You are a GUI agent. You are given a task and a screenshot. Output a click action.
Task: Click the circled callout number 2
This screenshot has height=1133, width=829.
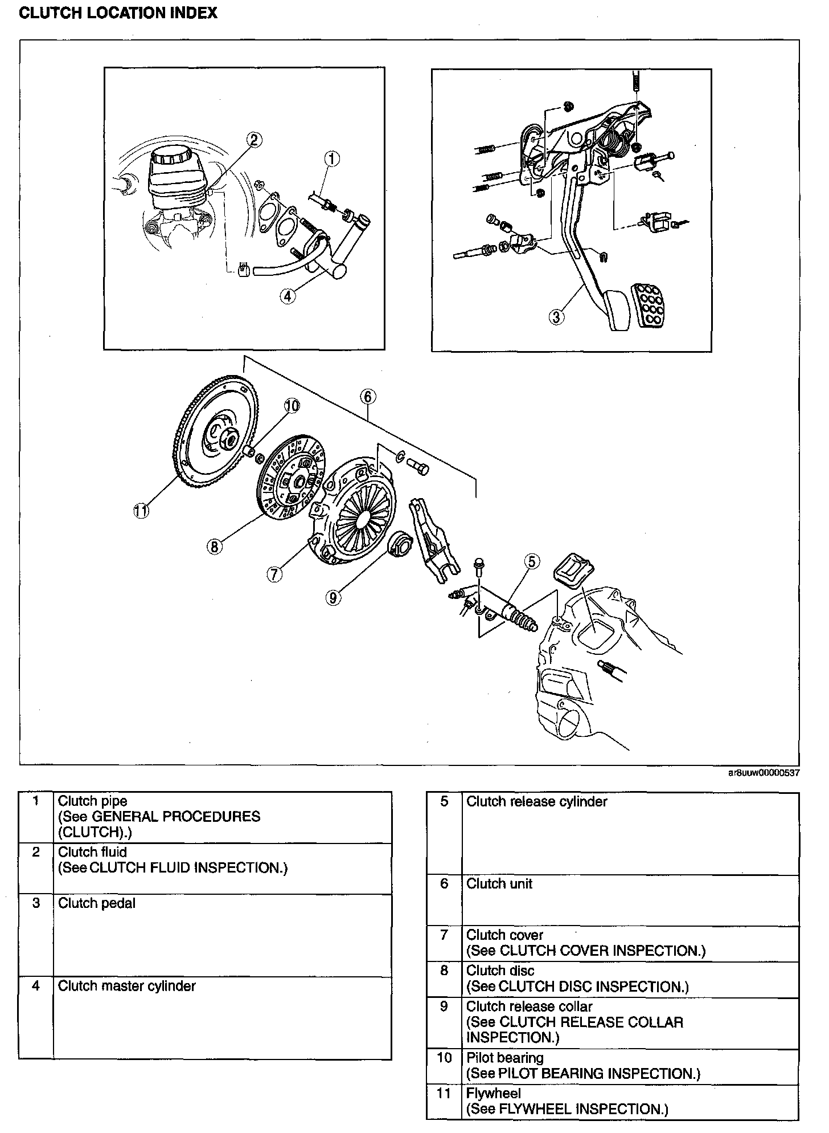[255, 140]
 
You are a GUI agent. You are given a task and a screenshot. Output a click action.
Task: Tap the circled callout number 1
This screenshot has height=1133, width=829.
[332, 159]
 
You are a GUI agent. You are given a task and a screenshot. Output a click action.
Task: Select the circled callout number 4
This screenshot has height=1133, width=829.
[288, 295]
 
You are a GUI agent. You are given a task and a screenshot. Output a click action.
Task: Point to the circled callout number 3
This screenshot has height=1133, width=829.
[556, 316]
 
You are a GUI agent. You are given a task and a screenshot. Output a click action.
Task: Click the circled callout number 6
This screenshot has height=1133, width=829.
[368, 396]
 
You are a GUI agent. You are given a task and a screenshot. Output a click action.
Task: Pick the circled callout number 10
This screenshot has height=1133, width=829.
[292, 406]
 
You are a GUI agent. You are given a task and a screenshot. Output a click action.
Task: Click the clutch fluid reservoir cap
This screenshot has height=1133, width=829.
[170, 154]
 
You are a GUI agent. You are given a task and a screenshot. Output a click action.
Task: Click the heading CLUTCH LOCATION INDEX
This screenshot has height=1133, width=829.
[118, 13]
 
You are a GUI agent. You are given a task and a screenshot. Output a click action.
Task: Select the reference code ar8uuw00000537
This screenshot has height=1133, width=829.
[763, 773]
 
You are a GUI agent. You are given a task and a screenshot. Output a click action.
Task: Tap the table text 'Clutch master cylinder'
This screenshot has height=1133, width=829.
[127, 987]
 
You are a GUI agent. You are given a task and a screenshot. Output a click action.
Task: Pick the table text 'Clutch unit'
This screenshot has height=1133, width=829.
[499, 884]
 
